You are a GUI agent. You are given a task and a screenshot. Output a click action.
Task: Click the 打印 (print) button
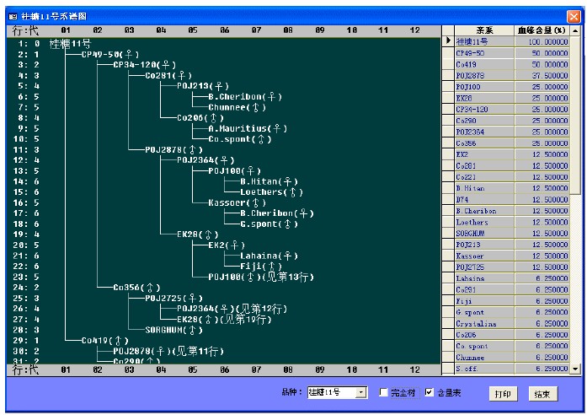click(502, 393)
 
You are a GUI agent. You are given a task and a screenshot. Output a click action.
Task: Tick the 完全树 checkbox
click(384, 393)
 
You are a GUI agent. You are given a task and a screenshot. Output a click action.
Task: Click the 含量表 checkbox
click(430, 393)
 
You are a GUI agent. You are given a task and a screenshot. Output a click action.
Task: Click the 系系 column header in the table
click(483, 30)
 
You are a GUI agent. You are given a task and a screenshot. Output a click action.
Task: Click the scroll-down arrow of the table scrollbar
click(576, 369)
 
